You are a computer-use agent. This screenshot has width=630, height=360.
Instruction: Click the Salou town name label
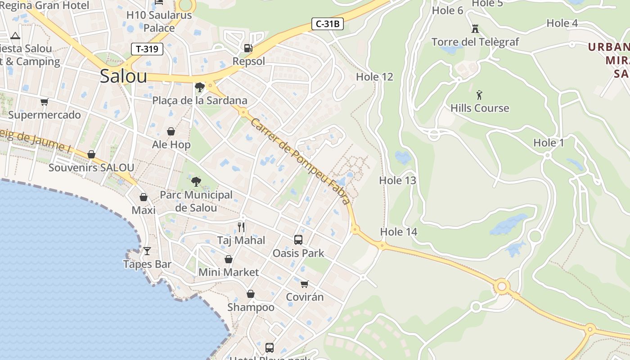[x=123, y=76]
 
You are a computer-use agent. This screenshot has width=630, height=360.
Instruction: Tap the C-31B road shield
[x=328, y=24]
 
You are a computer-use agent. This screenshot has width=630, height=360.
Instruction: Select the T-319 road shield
[x=147, y=49]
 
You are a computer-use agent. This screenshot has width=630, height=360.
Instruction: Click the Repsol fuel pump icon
[x=248, y=48]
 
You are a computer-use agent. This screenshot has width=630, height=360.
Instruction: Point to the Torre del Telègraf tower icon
[x=475, y=29]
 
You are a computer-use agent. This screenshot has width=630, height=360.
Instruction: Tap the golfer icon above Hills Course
[x=479, y=95]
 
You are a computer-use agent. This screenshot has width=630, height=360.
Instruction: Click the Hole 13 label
[x=397, y=180]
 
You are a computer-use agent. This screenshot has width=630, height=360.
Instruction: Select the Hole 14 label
[x=399, y=232]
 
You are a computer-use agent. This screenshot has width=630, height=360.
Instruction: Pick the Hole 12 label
[x=374, y=77]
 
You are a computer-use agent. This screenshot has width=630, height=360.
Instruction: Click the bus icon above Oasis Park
[x=298, y=240]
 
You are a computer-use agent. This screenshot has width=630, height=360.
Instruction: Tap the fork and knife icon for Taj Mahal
[x=242, y=227]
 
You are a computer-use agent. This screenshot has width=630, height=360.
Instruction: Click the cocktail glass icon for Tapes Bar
[x=147, y=251]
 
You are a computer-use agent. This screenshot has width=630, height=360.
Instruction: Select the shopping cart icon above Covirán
[x=305, y=284]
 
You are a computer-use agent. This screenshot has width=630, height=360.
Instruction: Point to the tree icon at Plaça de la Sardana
[x=200, y=87]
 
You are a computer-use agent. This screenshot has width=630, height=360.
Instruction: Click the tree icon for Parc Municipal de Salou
[x=196, y=181]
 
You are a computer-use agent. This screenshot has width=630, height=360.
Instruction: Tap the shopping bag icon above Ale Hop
[x=171, y=131]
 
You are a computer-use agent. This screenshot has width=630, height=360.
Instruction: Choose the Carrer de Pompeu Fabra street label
[x=300, y=162]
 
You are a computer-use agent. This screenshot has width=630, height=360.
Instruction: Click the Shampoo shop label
[x=251, y=307]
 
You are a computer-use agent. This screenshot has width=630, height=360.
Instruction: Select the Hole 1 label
[x=548, y=143]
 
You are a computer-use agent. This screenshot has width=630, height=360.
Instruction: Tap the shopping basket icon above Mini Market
[x=229, y=259]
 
